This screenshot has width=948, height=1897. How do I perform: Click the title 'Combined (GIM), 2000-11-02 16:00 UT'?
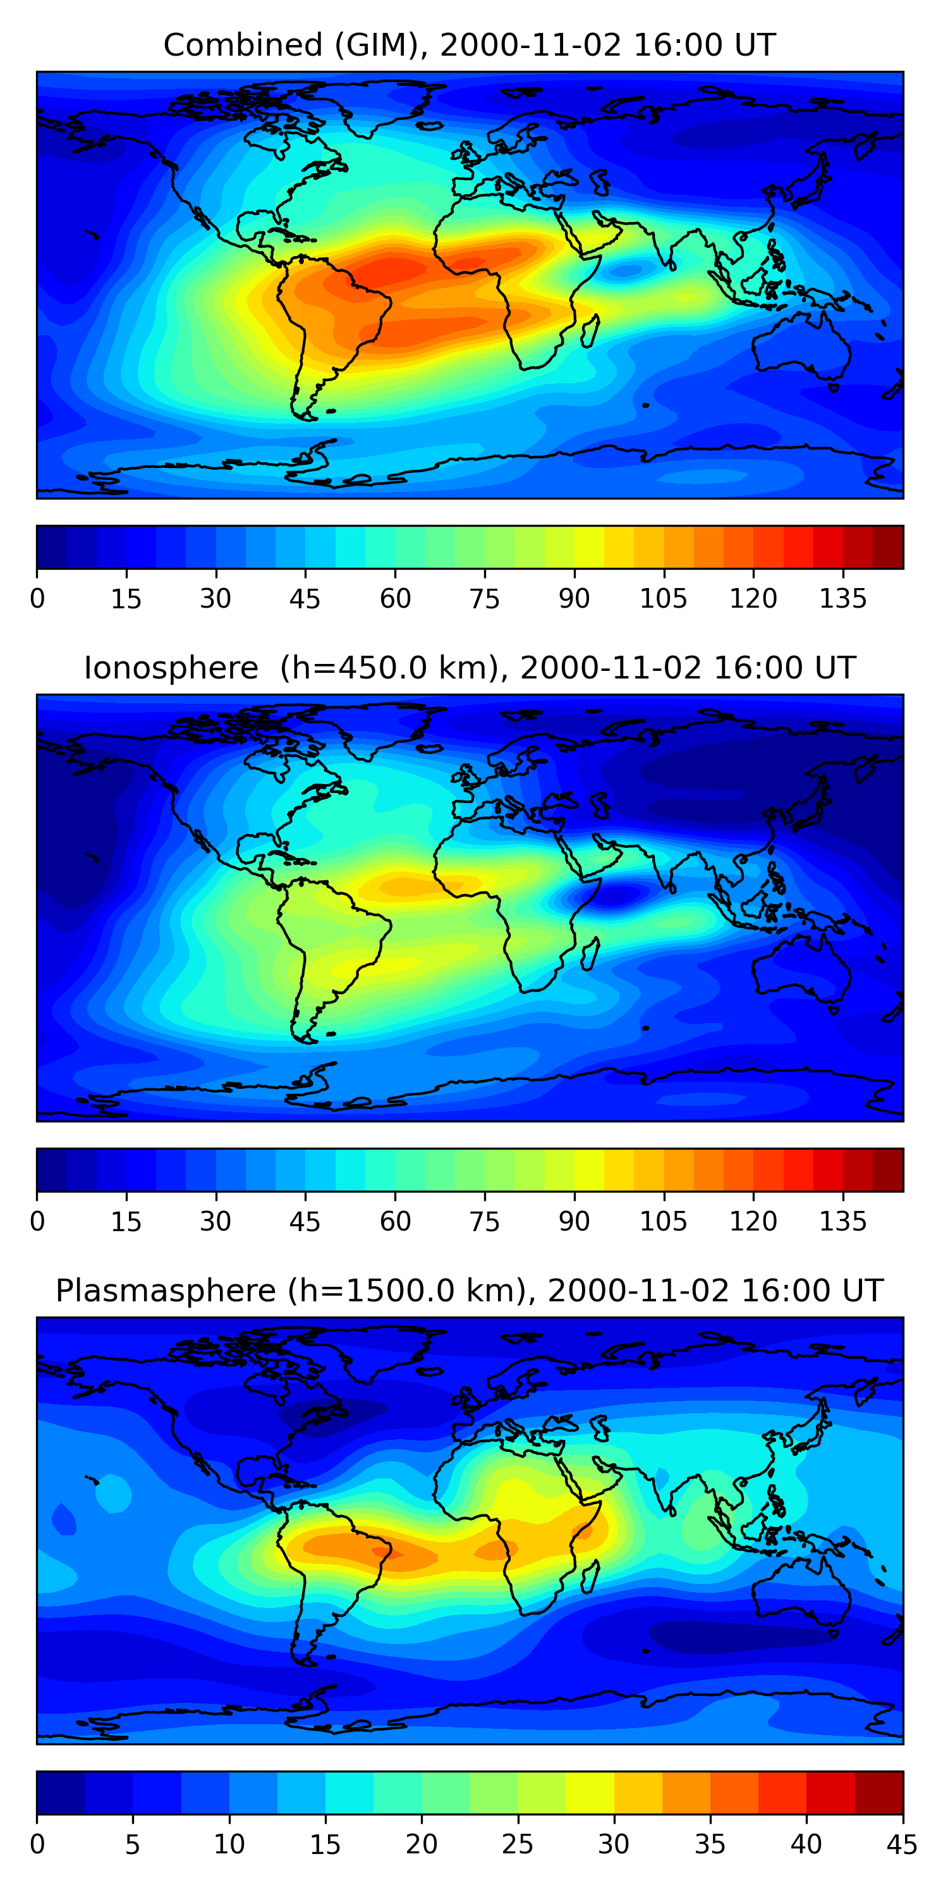(x=469, y=46)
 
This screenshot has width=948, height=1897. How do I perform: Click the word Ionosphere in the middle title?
(x=171, y=668)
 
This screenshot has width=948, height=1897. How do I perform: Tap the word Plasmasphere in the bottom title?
(x=166, y=1291)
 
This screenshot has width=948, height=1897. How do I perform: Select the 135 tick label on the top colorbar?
(x=842, y=599)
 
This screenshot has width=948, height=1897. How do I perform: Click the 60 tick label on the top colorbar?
(x=395, y=599)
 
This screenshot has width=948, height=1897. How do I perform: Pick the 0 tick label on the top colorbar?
(x=37, y=599)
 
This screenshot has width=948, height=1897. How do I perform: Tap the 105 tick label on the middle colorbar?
(x=663, y=1222)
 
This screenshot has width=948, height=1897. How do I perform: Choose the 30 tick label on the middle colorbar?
(x=216, y=1222)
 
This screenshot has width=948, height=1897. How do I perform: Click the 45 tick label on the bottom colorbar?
(x=902, y=1845)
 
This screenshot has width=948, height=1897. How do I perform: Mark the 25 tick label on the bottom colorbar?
(x=518, y=1845)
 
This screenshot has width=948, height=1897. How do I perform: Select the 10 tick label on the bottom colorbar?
(x=229, y=1845)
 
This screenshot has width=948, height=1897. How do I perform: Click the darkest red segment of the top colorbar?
(x=888, y=547)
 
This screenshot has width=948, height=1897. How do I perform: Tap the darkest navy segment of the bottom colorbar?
(x=60, y=1793)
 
